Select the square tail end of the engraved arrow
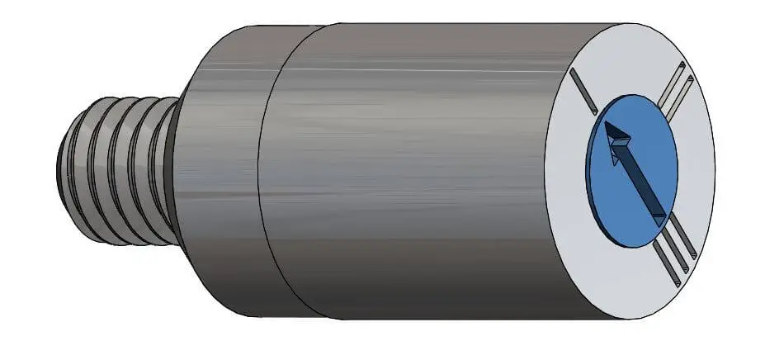(660, 216)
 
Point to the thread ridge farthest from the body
(83, 169)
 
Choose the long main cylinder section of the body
(413, 173)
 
